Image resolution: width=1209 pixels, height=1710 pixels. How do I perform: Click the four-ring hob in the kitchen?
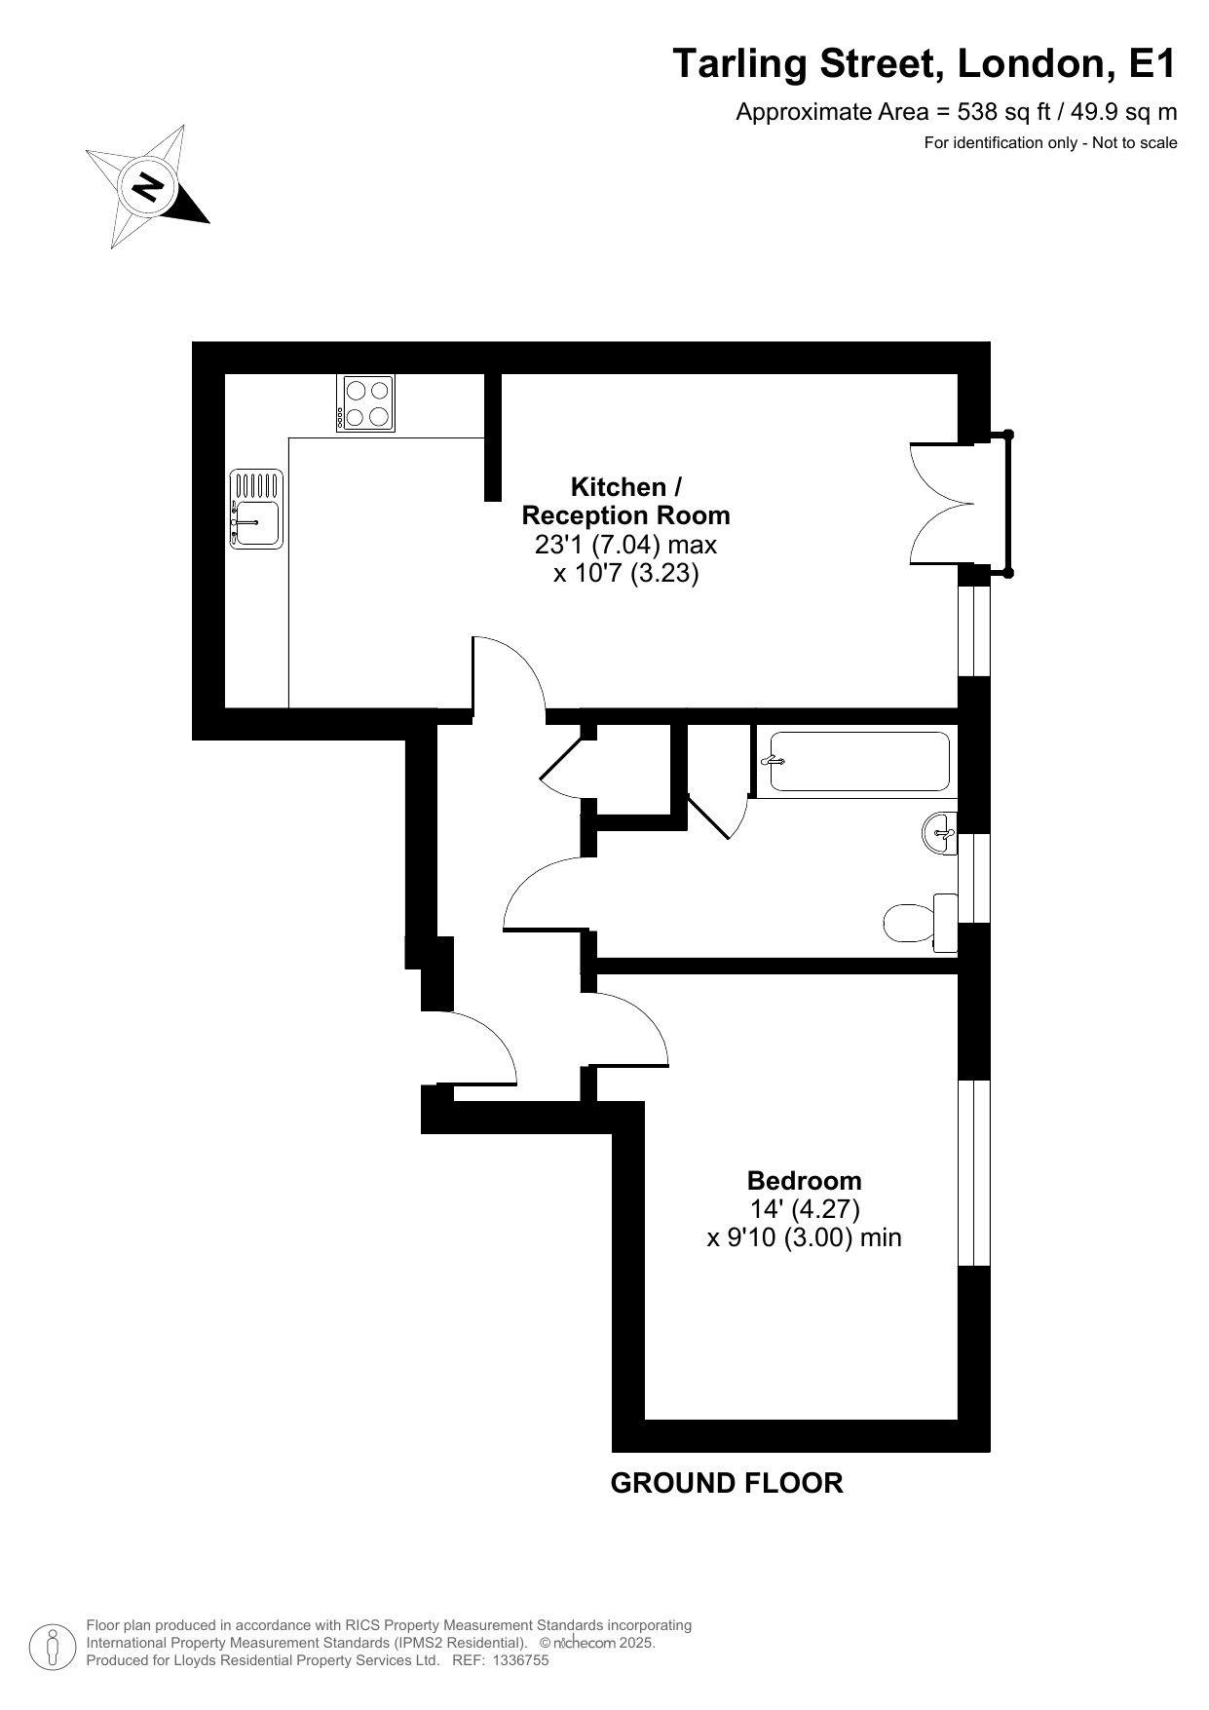[x=366, y=403]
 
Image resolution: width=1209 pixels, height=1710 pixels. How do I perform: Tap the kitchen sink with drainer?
[x=256, y=509]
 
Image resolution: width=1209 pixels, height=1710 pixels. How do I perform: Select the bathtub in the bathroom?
[x=858, y=761]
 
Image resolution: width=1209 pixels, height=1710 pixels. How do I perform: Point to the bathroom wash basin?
[x=941, y=834]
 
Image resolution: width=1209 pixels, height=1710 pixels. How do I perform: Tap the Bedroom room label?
[x=804, y=1181]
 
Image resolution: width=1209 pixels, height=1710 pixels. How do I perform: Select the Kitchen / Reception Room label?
[x=625, y=501]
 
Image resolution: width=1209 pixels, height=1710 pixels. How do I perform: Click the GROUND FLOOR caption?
[x=726, y=1483]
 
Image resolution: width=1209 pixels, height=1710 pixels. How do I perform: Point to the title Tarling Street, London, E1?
[x=925, y=64]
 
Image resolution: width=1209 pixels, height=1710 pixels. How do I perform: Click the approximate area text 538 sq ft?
[x=955, y=112]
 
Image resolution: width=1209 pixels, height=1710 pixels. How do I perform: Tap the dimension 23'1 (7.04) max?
[x=625, y=544]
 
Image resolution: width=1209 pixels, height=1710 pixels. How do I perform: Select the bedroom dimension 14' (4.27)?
[x=804, y=1209]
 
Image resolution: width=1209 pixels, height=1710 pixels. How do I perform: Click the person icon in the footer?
[x=53, y=1646]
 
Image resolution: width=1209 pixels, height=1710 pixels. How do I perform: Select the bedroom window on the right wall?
[x=974, y=1172]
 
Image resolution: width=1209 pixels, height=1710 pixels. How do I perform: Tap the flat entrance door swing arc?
[x=477, y=1046]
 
